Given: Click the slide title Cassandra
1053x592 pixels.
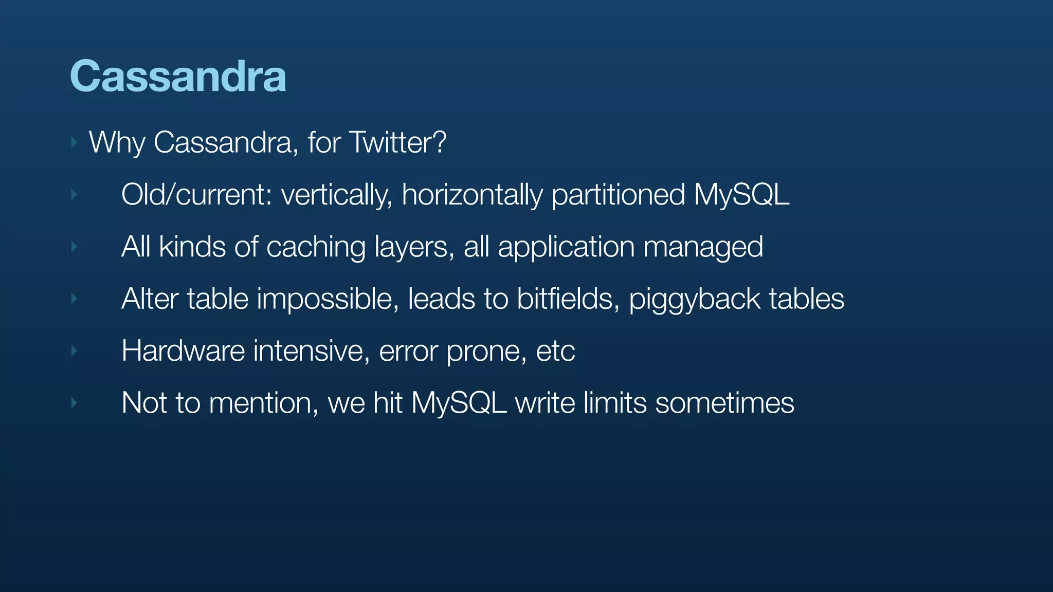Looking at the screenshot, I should [x=178, y=76].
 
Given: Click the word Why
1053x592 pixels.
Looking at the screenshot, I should [x=117, y=142].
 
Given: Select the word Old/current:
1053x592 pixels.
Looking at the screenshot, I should [x=196, y=195].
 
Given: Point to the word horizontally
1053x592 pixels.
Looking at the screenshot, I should [x=472, y=195].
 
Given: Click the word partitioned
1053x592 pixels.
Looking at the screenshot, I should [x=618, y=195].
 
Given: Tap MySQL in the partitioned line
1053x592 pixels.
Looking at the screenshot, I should [x=741, y=195].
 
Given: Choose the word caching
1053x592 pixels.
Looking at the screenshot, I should [x=316, y=247].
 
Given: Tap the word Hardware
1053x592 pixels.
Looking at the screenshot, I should [x=183, y=351].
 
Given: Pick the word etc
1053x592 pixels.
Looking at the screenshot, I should [x=555, y=351].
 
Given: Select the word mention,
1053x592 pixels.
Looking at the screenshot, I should [x=264, y=403].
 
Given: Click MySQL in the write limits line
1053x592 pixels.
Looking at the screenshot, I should [x=459, y=403].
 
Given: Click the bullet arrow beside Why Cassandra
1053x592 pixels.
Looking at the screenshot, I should [x=74, y=142].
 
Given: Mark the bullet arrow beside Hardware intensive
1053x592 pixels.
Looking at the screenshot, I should [x=74, y=351].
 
